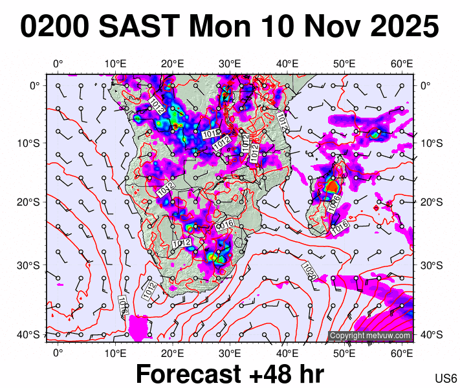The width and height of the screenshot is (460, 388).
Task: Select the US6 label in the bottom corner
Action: (446, 378)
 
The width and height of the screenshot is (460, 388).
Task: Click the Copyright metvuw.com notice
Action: (370, 336)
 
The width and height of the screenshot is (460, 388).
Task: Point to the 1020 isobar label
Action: (309, 270)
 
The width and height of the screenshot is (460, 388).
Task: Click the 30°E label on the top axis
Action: (230, 63)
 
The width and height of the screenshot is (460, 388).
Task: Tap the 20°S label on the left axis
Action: (30, 202)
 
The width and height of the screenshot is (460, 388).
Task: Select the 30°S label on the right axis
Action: (430, 266)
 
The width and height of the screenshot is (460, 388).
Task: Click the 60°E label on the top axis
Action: (402, 63)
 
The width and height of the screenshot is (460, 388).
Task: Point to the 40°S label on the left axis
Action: (30, 334)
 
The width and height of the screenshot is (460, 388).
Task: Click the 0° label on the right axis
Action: (426, 85)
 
